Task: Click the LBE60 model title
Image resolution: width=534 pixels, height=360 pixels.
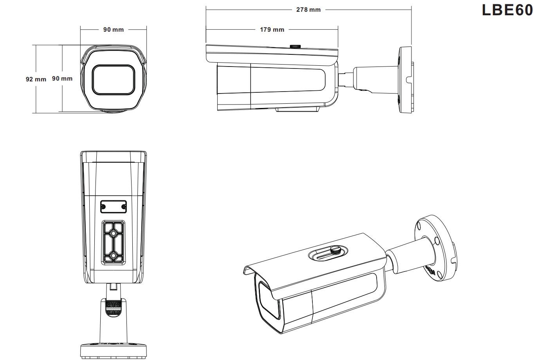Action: pos(507,10)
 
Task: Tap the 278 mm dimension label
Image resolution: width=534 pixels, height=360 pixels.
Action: pos(308,10)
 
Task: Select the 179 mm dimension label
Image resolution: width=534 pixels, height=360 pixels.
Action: pos(272,30)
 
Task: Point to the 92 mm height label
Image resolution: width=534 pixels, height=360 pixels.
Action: pos(36,79)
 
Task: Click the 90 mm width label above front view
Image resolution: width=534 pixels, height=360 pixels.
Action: pos(114,30)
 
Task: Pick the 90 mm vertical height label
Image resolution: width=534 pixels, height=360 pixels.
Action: pos(62,79)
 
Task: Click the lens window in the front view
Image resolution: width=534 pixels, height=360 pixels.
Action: pos(114,79)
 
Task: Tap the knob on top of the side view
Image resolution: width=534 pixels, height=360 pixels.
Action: pos(295,46)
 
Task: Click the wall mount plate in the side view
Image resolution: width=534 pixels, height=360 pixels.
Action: pos(406,80)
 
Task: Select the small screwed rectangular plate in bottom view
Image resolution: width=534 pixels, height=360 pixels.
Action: pos(114,206)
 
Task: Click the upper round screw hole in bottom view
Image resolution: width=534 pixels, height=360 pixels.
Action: pos(114,234)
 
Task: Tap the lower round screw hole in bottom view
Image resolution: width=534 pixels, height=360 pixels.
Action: pos(114,256)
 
